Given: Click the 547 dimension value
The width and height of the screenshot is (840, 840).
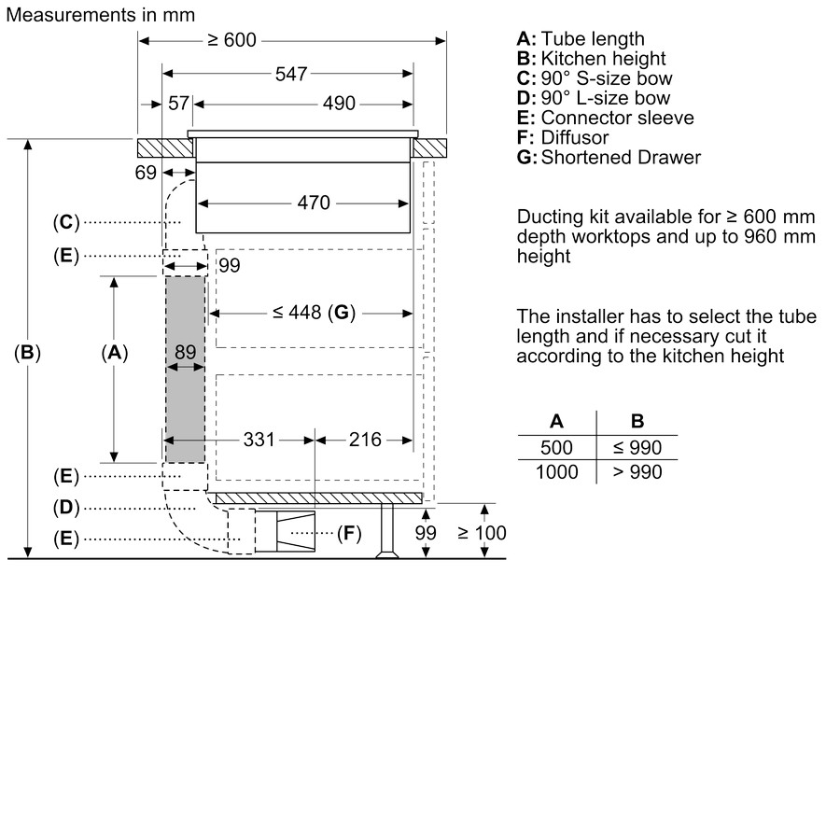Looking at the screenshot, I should pos(291,74).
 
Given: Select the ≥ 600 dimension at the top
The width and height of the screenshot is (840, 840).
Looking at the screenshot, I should pos(231,40).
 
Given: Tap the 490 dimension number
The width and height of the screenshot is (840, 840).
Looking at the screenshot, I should pos(338,104).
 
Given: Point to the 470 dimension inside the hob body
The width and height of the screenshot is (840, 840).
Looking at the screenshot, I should pos(314,202).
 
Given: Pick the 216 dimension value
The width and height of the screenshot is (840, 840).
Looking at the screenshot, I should pos(365,439).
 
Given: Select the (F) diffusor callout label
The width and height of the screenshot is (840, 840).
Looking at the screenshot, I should pos(348,534).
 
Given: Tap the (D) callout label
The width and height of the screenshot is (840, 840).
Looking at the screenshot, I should pos(66,508).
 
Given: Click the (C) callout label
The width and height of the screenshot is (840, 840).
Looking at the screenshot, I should pos(66,222).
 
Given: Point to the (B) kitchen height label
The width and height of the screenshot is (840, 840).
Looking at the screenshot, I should pos(28,353).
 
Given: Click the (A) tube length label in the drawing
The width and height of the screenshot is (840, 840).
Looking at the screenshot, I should pos(114,353).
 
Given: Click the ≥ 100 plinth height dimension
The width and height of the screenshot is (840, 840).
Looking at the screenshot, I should pos(482,533).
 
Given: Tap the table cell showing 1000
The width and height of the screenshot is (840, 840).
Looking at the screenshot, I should pos(557,472).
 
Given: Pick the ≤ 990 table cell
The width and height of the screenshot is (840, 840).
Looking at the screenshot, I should pos(637,448).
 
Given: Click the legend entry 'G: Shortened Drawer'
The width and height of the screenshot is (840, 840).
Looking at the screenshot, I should pos(608,158).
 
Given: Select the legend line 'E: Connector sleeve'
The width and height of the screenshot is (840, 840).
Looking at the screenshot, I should pos(605,118).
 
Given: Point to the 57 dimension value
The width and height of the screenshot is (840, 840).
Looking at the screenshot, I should pos(177,104).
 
